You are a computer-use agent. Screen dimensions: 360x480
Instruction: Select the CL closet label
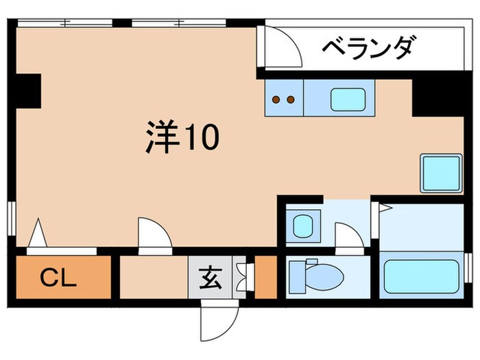click(x=58, y=278)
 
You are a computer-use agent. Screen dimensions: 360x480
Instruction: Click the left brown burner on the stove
click(x=276, y=99)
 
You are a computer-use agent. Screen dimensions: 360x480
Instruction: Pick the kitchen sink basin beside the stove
click(x=347, y=99)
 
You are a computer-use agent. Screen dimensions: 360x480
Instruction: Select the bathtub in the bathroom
click(x=421, y=276)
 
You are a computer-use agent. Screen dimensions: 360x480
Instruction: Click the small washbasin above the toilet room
click(x=302, y=225)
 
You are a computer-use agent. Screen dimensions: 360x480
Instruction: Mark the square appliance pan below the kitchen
click(x=440, y=173)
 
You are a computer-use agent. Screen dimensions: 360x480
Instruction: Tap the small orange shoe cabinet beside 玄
click(x=265, y=278)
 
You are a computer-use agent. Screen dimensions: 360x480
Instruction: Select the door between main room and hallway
click(x=154, y=237)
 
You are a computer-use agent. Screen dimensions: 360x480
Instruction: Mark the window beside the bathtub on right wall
click(x=468, y=266)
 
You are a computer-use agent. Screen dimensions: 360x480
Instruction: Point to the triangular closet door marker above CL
click(x=38, y=233)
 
